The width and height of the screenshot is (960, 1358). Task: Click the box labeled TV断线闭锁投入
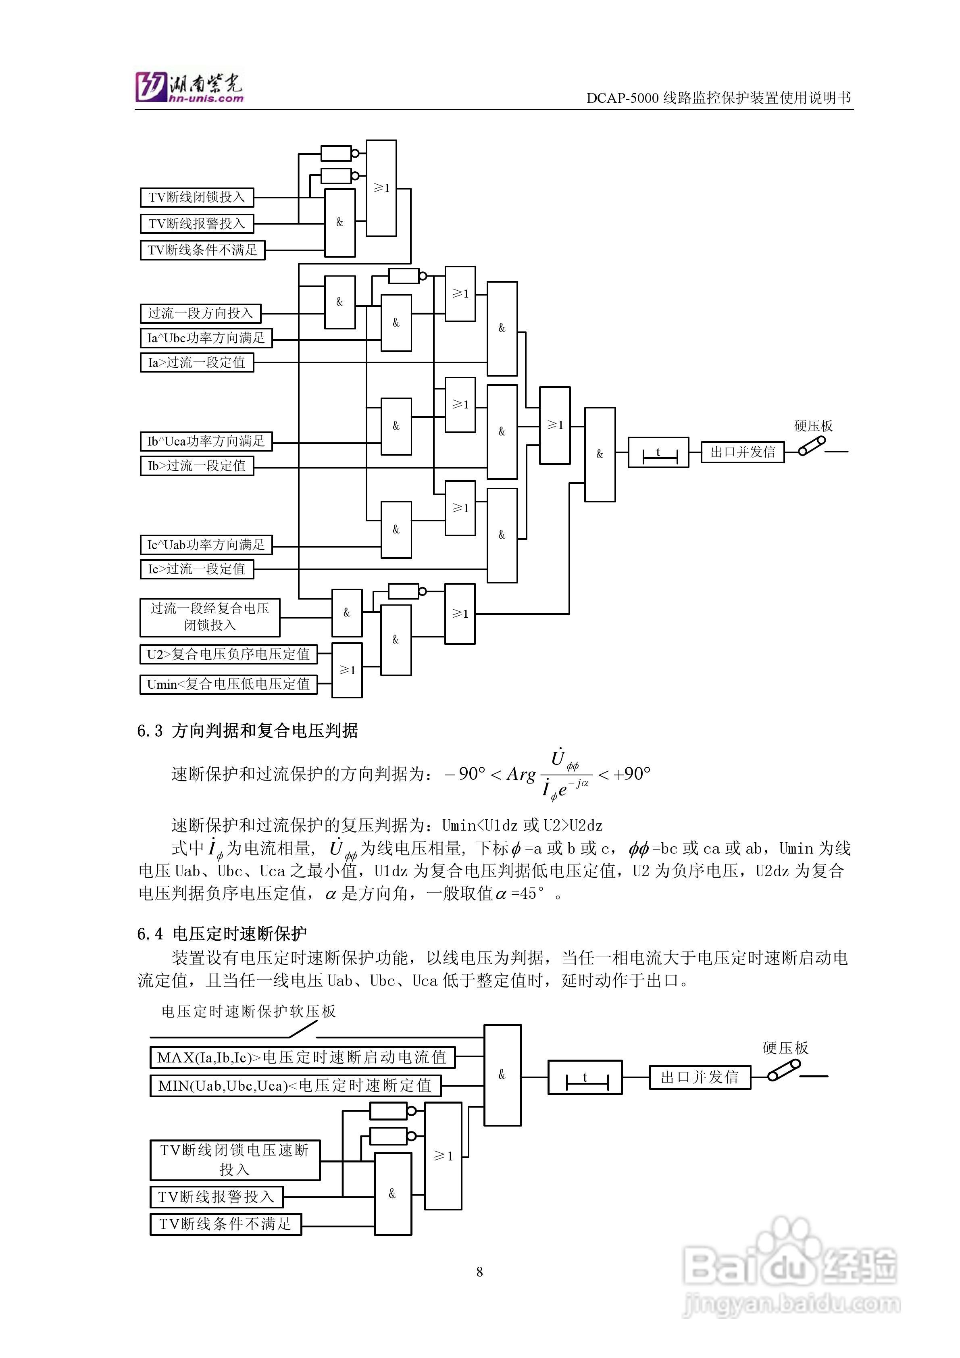(x=196, y=197)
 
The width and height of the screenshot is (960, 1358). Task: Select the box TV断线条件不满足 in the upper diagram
(x=202, y=250)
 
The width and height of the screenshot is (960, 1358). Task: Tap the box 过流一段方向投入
(x=200, y=313)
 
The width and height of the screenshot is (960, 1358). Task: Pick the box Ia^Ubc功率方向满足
(x=206, y=338)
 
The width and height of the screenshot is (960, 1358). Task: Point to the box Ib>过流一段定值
(x=196, y=466)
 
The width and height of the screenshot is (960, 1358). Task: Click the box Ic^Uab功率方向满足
(x=206, y=545)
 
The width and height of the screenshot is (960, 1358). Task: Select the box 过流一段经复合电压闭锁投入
(x=209, y=617)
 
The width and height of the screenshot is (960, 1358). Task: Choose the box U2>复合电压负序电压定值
(x=228, y=654)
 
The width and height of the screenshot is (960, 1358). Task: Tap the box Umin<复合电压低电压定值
(x=228, y=684)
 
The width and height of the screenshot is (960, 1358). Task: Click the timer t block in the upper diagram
(x=658, y=453)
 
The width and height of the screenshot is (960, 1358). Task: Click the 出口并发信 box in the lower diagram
(x=700, y=1077)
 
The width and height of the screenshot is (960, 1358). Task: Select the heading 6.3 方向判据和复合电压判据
(x=247, y=731)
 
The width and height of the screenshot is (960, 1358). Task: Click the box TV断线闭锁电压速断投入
(x=235, y=1160)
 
